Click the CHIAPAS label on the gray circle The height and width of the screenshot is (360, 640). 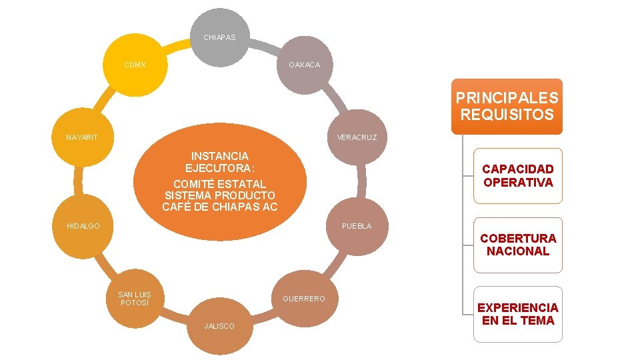pyautogui.click(x=219, y=37)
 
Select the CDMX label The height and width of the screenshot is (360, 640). pyautogui.click(x=135, y=65)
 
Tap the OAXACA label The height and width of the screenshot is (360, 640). pyautogui.click(x=304, y=65)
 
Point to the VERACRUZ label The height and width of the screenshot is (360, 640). pyautogui.click(x=357, y=137)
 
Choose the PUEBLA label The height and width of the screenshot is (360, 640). pyautogui.click(x=357, y=226)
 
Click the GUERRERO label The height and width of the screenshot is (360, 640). pyautogui.click(x=304, y=299)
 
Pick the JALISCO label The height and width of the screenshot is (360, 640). pyautogui.click(x=219, y=326)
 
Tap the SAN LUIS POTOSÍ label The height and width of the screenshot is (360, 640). pyautogui.click(x=135, y=299)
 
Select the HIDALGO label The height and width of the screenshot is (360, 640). pyautogui.click(x=83, y=226)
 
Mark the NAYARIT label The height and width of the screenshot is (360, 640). pyautogui.click(x=82, y=137)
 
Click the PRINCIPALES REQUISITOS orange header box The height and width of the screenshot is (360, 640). pyautogui.click(x=507, y=107)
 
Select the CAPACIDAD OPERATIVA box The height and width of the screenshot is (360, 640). pyautogui.click(x=518, y=176)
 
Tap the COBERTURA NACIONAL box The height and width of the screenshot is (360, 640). pyautogui.click(x=518, y=245)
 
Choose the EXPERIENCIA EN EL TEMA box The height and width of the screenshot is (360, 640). pyautogui.click(x=518, y=314)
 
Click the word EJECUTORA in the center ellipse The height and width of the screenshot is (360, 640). pyautogui.click(x=219, y=167)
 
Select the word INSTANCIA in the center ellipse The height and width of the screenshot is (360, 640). pyautogui.click(x=219, y=156)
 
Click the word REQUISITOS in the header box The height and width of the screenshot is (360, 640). pyautogui.click(x=507, y=115)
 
